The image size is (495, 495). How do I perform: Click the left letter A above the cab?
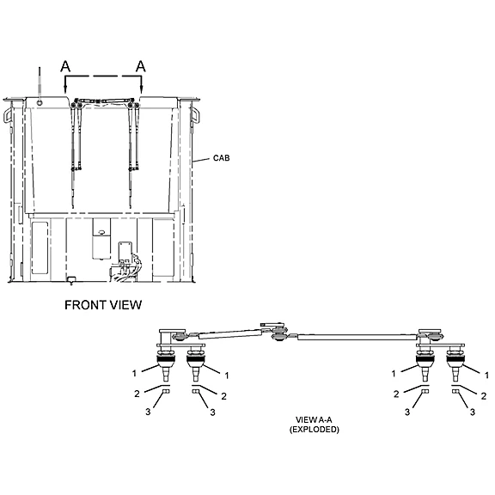tap(65, 66)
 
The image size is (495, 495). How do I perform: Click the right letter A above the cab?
tap(141, 66)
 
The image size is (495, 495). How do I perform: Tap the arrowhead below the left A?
tap(64, 90)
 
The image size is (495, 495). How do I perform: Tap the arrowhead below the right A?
tap(142, 90)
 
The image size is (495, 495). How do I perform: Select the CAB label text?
tap(222, 158)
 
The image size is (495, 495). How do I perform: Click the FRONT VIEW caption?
tap(103, 305)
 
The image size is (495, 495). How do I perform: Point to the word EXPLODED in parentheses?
tap(315, 430)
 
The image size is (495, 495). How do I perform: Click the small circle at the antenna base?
tap(40, 102)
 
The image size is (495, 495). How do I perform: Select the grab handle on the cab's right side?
tap(196, 115)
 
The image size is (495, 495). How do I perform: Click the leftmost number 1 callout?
tap(134, 374)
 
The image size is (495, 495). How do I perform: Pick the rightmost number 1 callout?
tap(486, 375)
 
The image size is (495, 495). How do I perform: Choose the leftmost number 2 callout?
tap(137, 394)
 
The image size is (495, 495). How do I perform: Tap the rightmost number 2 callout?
tap(484, 396)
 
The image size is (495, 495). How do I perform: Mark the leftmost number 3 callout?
tap(148, 412)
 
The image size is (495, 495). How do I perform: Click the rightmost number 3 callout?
tap(473, 412)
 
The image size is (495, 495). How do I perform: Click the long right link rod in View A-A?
tap(357, 337)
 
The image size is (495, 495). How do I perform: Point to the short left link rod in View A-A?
tap(229, 333)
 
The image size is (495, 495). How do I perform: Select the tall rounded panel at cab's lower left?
tap(40, 247)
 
